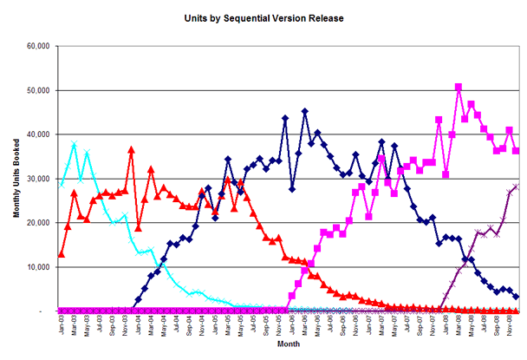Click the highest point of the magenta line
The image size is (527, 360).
point(459,87)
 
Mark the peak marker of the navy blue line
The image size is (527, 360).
point(305,111)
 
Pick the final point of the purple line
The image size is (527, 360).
point(517,186)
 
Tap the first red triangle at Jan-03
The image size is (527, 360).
point(61,254)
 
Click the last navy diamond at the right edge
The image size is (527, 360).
point(517,297)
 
